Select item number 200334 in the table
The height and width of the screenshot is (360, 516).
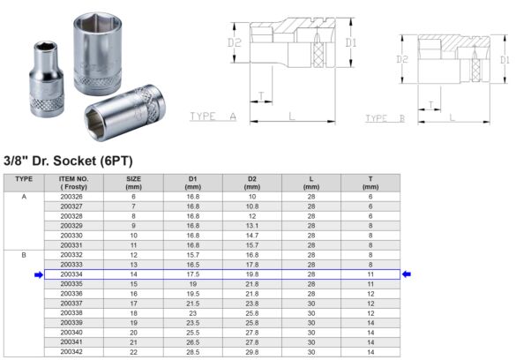[x=72, y=274]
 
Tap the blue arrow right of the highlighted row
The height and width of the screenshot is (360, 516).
[x=407, y=274]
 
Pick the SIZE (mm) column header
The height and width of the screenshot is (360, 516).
[x=134, y=183]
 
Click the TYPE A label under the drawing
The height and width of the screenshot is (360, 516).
[x=214, y=116]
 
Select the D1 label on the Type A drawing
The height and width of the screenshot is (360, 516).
[x=351, y=41]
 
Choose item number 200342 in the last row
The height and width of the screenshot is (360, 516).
[x=72, y=351]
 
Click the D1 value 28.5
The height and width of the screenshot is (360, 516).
[x=193, y=351]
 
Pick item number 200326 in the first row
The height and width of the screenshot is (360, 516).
[x=72, y=197]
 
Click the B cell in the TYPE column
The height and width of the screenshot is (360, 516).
[x=24, y=255]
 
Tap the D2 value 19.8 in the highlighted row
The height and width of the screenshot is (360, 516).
[x=251, y=274]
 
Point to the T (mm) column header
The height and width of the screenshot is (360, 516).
[x=370, y=183]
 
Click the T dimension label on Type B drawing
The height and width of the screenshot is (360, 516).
[x=430, y=103]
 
